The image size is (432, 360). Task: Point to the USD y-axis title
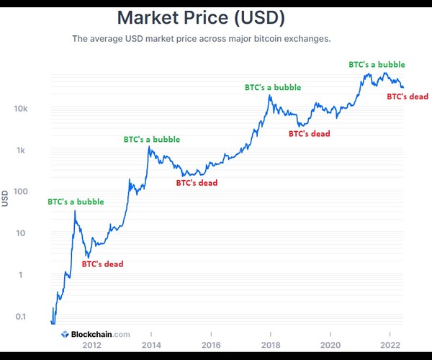coord(6,197)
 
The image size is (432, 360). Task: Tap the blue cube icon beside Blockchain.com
coord(64,334)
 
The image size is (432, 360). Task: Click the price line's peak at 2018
coord(270,96)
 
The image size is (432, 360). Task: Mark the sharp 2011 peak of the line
coord(75,211)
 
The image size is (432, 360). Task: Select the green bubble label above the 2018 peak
coord(273,87)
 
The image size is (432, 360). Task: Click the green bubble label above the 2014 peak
coord(152,139)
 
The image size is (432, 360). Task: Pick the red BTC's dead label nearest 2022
coord(408,96)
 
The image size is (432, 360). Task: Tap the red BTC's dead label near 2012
coord(102,264)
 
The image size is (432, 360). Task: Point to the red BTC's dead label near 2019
coord(310,133)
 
